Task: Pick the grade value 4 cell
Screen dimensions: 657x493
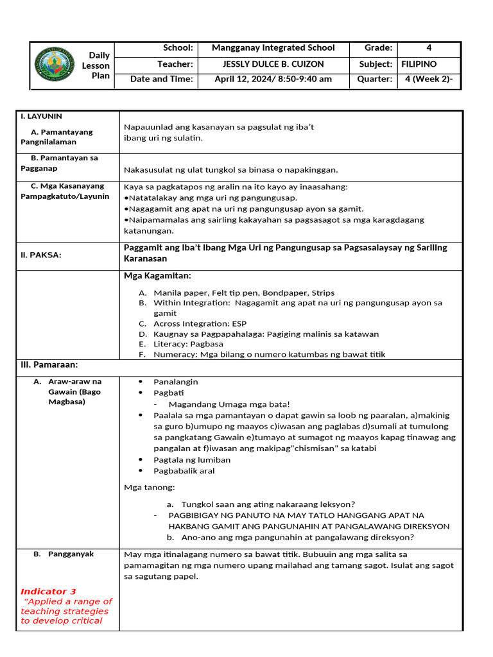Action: point(428,48)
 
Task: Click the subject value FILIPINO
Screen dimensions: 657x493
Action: point(419,64)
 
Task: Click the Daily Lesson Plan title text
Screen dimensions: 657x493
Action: point(99,65)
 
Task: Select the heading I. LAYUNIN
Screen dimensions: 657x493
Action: point(41,116)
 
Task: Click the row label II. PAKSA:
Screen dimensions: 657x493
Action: point(42,255)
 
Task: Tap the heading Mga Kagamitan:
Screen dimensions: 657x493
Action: point(157,276)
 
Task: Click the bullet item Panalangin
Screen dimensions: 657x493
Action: point(175,382)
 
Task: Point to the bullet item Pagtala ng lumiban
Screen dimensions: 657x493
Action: point(192,460)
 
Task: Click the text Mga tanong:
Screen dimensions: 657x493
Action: point(149,488)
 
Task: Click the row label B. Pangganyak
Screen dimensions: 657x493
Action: point(71,554)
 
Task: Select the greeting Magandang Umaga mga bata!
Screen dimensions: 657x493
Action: point(229,404)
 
